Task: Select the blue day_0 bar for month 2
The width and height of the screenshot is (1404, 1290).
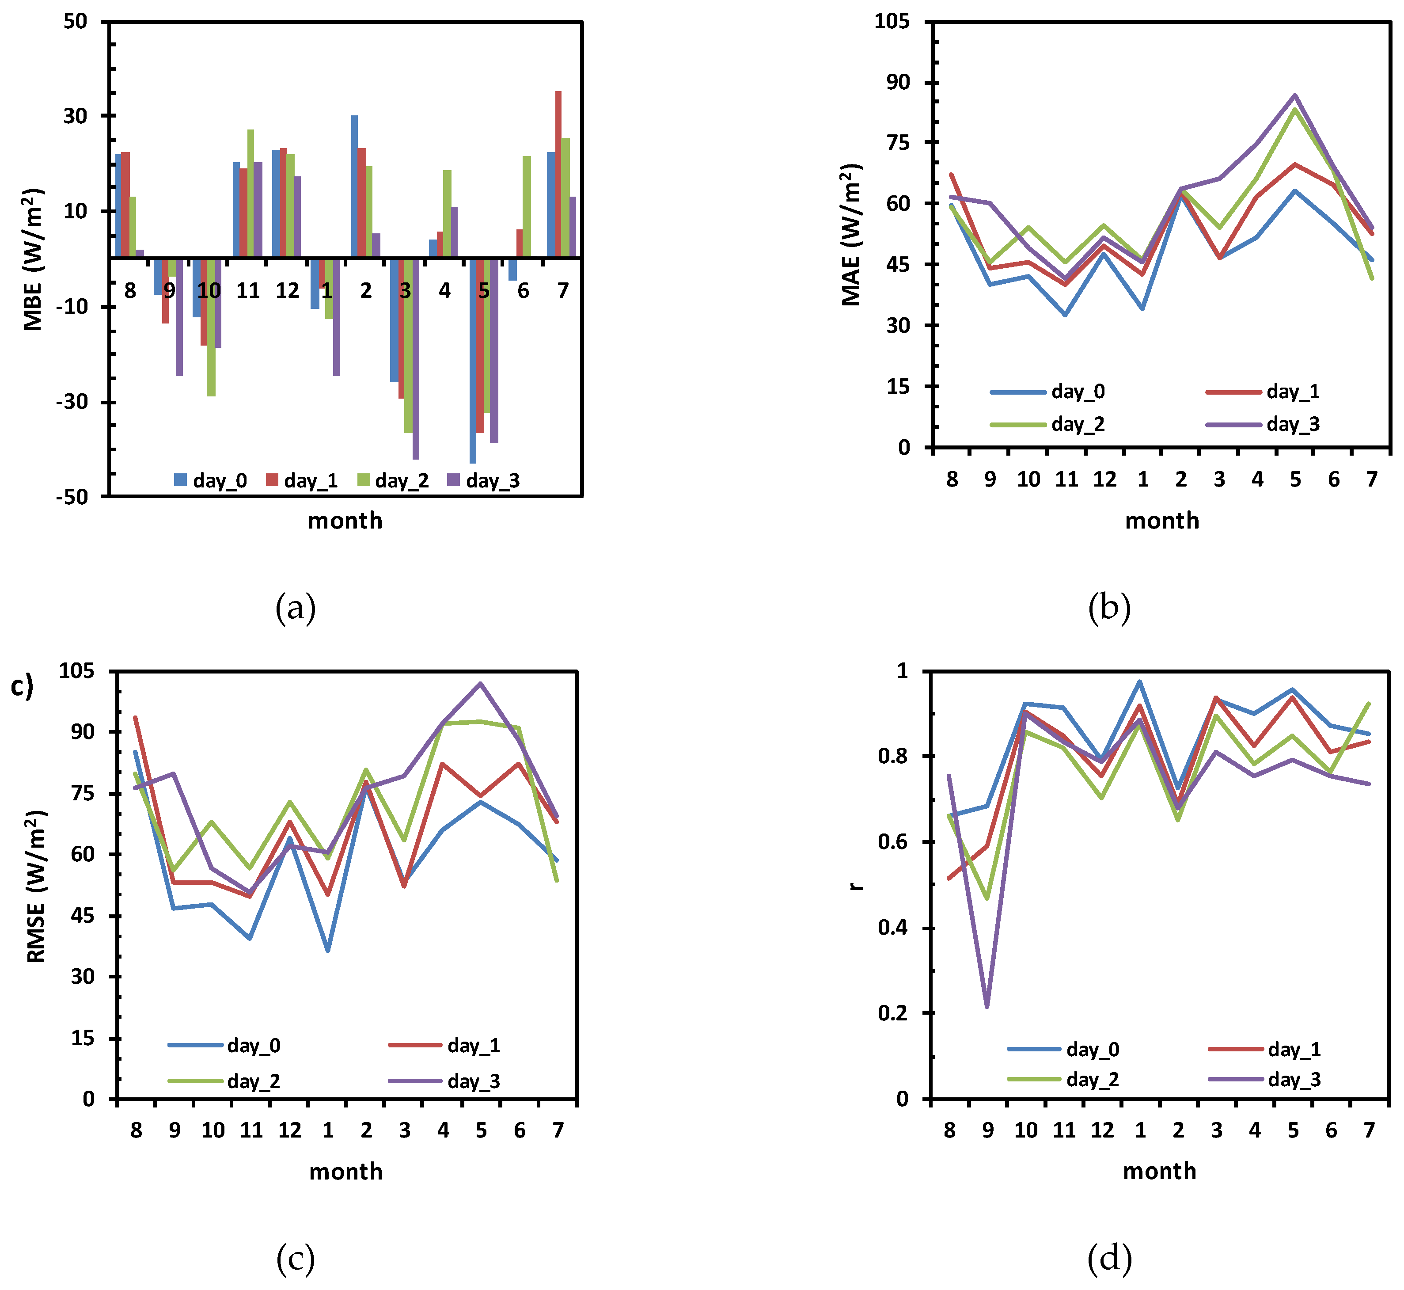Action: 354,186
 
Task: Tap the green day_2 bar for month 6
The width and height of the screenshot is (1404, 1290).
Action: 527,207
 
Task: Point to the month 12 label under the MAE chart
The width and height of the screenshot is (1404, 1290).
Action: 1104,479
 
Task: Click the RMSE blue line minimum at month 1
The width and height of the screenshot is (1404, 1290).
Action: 328,950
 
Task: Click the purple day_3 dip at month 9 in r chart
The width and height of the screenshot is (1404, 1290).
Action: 987,1006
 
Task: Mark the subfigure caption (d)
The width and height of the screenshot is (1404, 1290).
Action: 1109,1258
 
